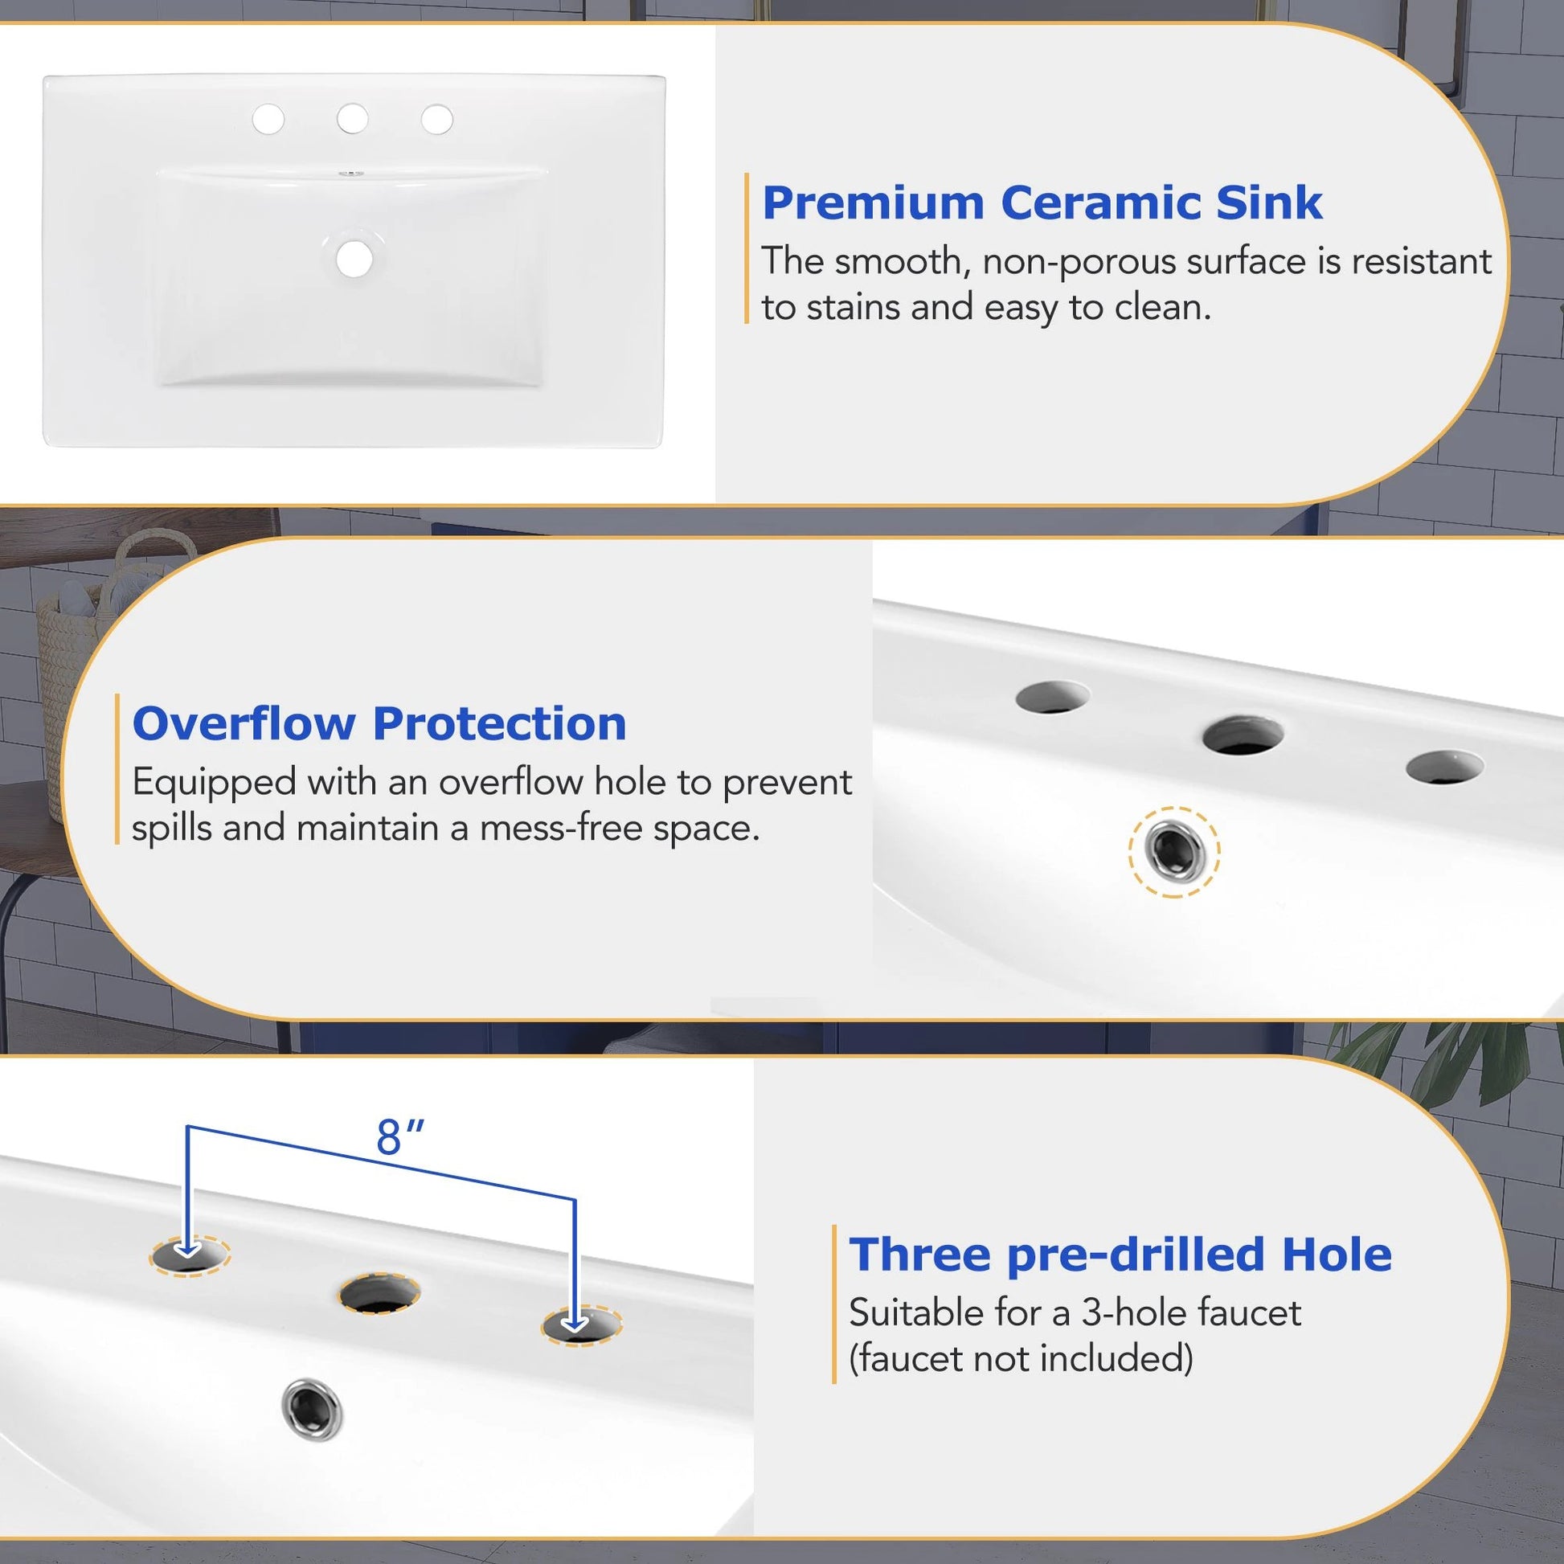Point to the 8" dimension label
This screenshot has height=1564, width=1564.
pos(400,1136)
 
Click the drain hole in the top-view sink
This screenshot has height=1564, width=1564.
pos(354,258)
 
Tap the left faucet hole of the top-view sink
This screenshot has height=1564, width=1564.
pos(268,119)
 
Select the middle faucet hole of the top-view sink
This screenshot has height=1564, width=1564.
pos(352,118)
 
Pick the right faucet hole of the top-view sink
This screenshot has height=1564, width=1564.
pos(436,119)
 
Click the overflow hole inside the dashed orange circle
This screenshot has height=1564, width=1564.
pos(1173,852)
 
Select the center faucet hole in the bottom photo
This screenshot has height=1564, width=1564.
pos(379,1293)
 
